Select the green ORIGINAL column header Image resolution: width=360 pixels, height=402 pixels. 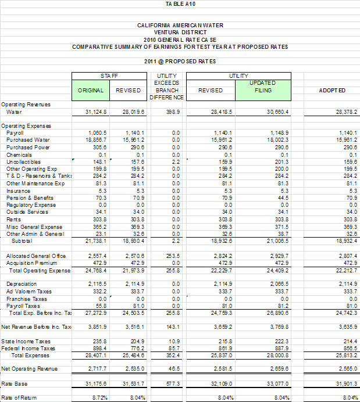pos(91,90)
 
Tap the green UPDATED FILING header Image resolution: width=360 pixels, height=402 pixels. pos(262,87)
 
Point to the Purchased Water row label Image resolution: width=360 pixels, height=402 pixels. pos(28,140)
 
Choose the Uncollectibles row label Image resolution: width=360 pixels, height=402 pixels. pos(24,161)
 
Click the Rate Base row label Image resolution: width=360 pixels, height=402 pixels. pos(15,384)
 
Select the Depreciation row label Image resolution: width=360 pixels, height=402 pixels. pos(22,283)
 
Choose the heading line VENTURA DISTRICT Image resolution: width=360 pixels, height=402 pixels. pos(180,33)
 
